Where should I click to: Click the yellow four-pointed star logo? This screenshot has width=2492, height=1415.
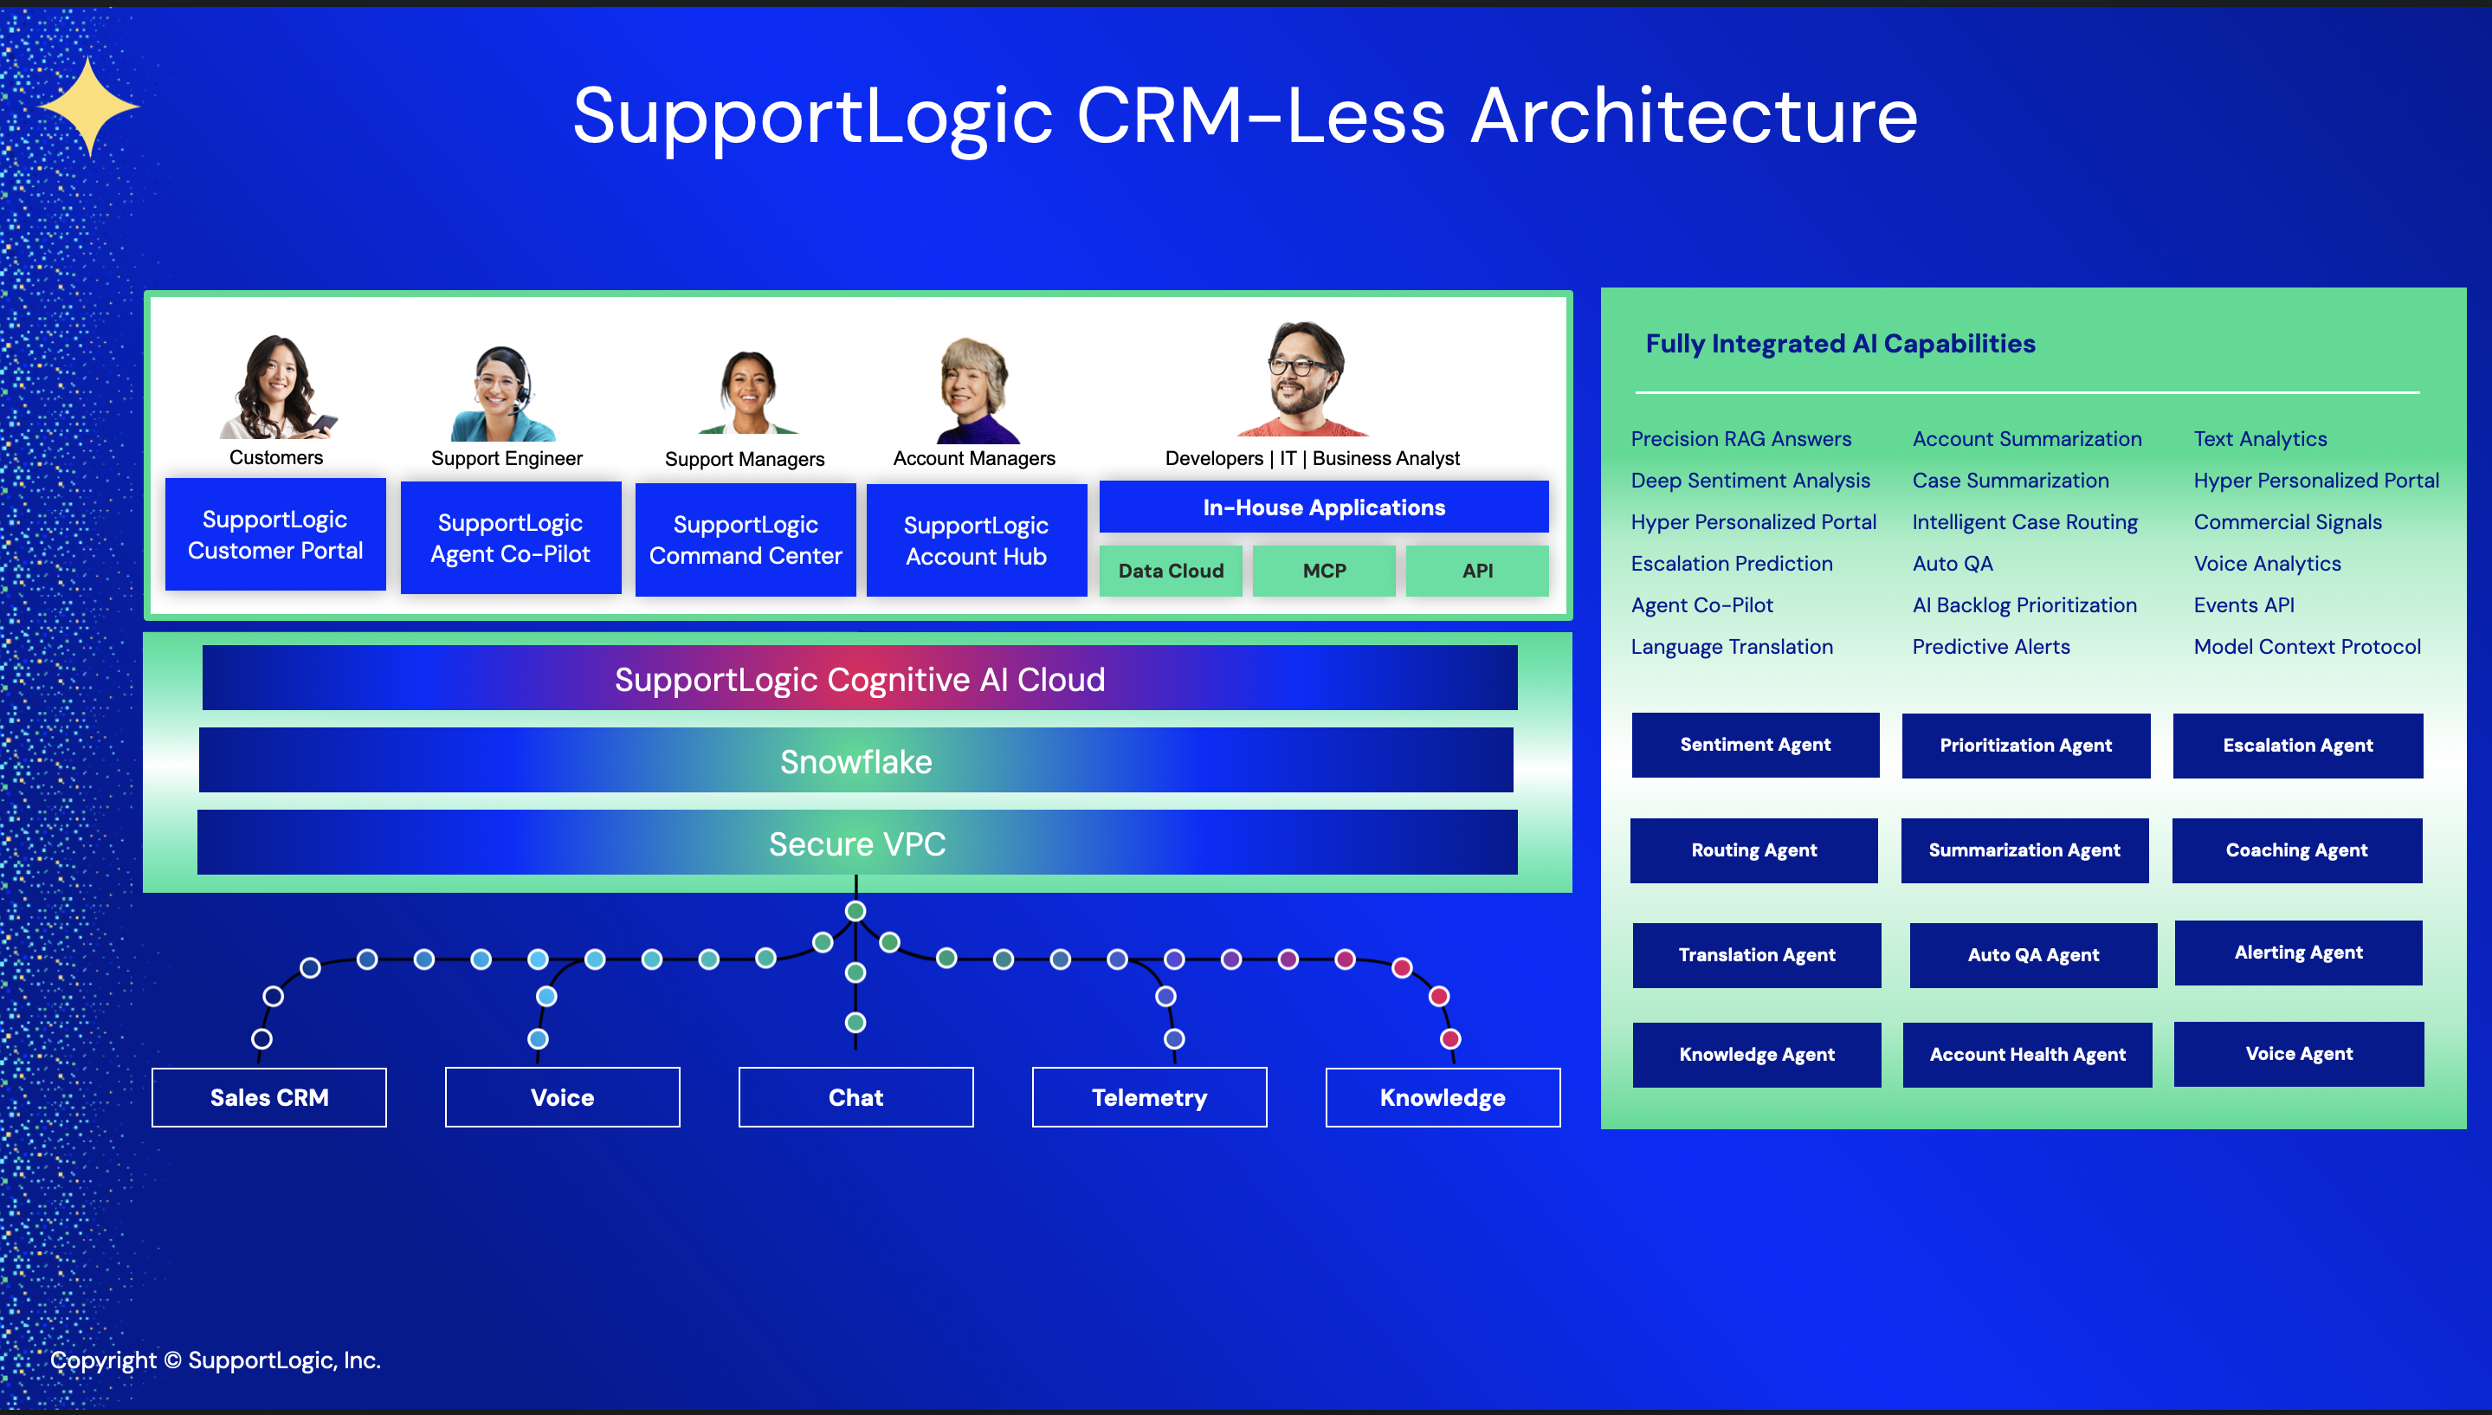click(x=89, y=106)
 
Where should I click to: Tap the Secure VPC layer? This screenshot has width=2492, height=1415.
click(x=857, y=843)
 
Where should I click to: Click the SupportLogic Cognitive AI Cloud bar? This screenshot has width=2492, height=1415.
click(x=860, y=678)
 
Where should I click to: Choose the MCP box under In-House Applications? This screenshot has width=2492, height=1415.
click(x=1323, y=571)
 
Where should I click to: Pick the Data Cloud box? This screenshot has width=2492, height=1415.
click(x=1170, y=571)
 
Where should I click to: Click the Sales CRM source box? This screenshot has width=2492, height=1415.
click(x=269, y=1097)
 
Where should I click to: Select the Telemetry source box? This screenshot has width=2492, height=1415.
click(x=1149, y=1097)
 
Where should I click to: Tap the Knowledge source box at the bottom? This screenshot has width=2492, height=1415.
click(x=1443, y=1097)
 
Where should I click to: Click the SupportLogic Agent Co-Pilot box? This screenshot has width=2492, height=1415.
click(x=510, y=539)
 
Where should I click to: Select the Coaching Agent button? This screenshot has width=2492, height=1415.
click(x=2296, y=850)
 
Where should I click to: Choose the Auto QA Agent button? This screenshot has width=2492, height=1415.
click(x=2033, y=955)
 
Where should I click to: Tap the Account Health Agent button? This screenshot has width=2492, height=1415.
click(x=2028, y=1055)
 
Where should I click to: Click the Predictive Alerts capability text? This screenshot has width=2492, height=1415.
click(x=1991, y=646)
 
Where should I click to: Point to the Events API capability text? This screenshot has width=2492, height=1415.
click(x=2244, y=604)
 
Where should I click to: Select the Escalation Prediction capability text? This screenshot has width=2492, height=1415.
click(x=1731, y=564)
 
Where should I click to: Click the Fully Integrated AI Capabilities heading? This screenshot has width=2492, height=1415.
click(x=1840, y=343)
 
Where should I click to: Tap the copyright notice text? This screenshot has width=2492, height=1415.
click(x=216, y=1360)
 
